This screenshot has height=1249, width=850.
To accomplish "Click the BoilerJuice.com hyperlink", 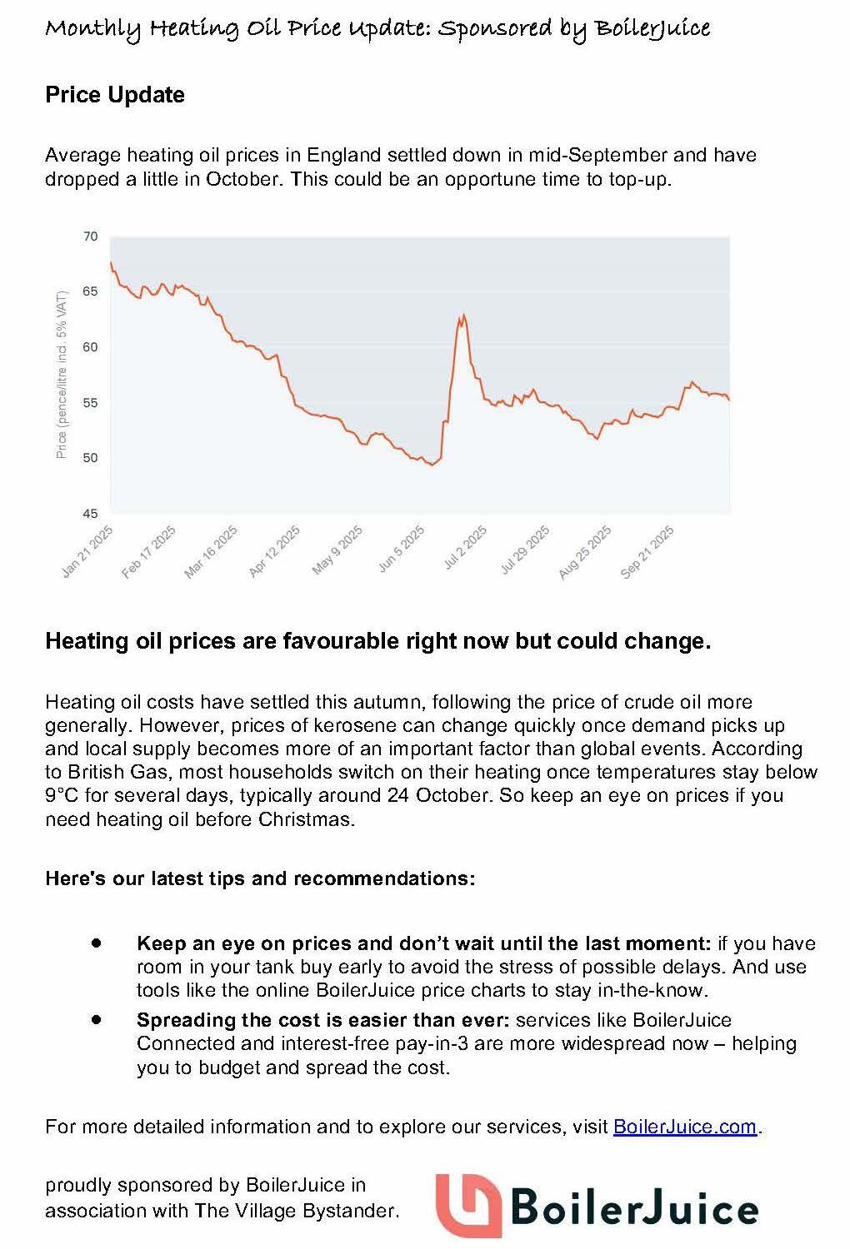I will [684, 1127].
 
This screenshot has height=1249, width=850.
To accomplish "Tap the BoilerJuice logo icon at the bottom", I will [467, 1205].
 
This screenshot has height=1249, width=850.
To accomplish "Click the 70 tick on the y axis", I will [91, 236].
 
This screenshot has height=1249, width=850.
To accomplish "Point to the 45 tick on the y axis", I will [91, 514].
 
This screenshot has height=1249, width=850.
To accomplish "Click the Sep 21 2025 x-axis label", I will [648, 550].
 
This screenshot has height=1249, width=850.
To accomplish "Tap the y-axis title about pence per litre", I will [61, 375].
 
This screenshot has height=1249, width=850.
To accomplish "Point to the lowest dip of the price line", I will [432, 465].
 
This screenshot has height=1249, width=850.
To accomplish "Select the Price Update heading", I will [115, 95].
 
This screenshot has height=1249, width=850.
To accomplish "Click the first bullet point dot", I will [97, 943].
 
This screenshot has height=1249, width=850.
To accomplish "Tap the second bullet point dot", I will [97, 1019].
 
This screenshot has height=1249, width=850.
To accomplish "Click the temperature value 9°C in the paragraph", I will [62, 795].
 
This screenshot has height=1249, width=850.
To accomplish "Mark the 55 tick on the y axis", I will [91, 403].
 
